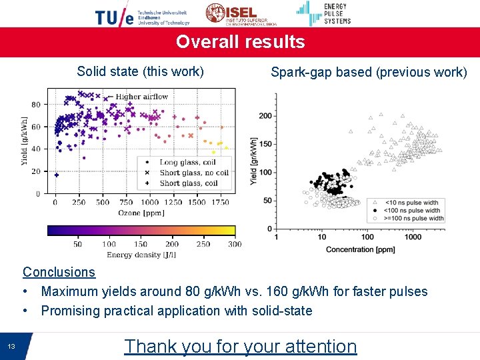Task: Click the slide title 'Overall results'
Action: click(240, 42)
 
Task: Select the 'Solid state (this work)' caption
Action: click(140, 71)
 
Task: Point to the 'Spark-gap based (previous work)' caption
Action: click(369, 72)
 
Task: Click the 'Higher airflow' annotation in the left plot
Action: click(141, 97)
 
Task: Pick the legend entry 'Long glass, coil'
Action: click(188, 162)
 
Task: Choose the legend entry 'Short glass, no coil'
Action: click(193, 173)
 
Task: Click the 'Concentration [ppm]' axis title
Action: click(360, 250)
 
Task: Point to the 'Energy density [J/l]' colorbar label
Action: click(141, 254)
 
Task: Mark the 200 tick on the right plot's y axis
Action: click(265, 116)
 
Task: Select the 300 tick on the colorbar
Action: click(234, 244)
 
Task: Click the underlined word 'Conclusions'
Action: click(59, 272)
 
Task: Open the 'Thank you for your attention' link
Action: click(240, 346)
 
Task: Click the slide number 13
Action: click(11, 346)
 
